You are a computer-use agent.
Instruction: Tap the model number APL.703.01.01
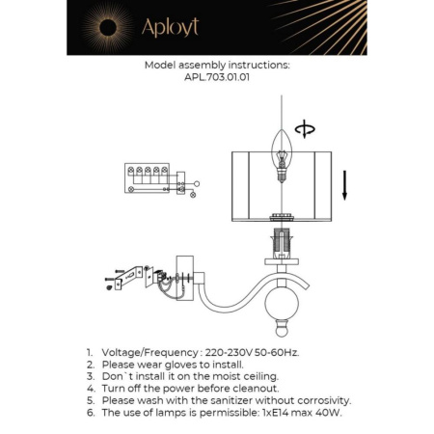pos(216,79)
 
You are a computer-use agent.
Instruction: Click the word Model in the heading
pos(160,67)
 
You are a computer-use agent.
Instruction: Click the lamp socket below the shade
pos(284,242)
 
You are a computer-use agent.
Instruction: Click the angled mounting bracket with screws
pos(126,278)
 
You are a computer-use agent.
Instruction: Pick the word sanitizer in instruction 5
pos(243,399)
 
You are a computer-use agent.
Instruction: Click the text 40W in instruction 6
pos(330,412)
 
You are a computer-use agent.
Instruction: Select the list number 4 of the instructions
pos(89,388)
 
